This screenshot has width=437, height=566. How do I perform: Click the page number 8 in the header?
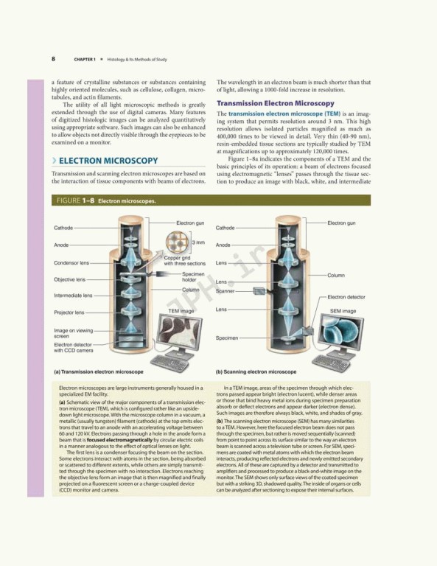coord(53,58)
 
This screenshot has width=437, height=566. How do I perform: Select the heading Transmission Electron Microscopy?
coord(275,103)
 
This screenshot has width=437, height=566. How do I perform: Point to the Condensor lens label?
coord(71,262)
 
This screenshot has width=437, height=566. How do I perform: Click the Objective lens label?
coord(69,279)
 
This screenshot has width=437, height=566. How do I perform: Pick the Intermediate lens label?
coord(73,296)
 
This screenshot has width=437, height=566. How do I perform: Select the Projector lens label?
coord(69,312)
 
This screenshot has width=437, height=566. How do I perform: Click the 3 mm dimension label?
coord(197,242)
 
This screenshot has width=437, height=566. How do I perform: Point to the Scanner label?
coord(225,291)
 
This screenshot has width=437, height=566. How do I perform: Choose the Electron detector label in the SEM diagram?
coord(346,297)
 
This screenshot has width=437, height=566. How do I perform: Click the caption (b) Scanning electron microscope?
coord(256,372)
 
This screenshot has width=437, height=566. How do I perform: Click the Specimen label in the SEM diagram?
coord(227,338)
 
